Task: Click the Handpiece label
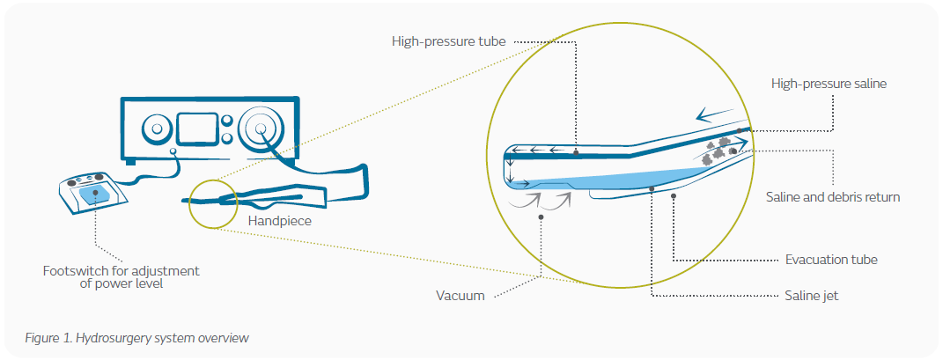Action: click(x=280, y=221)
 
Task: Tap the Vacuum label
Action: click(x=460, y=297)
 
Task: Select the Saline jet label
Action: click(x=811, y=296)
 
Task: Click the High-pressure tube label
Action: click(x=449, y=41)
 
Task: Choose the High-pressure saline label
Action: click(x=829, y=84)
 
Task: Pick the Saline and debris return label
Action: click(x=833, y=196)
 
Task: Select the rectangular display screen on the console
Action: click(x=196, y=129)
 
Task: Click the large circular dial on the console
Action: click(x=261, y=129)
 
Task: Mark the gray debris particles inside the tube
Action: click(x=718, y=149)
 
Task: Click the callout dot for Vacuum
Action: click(x=541, y=217)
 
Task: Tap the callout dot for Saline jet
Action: click(x=652, y=188)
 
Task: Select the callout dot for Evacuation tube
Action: click(x=673, y=196)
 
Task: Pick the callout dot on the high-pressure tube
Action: click(x=576, y=153)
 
